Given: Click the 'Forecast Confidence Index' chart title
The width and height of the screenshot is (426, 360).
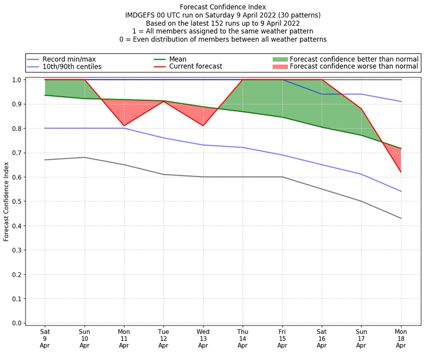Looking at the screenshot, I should [223, 7].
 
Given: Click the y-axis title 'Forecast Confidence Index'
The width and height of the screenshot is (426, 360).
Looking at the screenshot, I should [6, 201].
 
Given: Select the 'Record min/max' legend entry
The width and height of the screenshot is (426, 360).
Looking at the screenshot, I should [69, 59].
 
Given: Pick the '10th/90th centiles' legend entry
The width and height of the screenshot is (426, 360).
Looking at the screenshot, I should [71, 67].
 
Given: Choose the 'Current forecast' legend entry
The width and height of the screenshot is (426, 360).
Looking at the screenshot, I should [195, 67].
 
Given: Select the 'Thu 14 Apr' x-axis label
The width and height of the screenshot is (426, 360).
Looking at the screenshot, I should [243, 338].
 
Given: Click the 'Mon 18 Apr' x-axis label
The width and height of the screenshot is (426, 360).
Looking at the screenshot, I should [401, 338].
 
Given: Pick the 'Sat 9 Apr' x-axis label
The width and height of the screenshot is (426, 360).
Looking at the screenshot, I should [45, 338].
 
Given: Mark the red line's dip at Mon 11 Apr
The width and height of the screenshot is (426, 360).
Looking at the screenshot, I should [124, 126].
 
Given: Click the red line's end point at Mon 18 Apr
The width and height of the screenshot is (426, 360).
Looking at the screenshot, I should [401, 172].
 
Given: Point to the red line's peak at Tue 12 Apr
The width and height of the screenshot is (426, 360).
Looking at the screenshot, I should [163, 101].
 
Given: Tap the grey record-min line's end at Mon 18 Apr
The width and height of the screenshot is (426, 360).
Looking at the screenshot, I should [401, 218].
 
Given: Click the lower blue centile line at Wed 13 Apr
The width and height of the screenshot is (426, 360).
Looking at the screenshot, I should [203, 145].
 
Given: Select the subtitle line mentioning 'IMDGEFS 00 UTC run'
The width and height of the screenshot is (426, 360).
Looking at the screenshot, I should [223, 15].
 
